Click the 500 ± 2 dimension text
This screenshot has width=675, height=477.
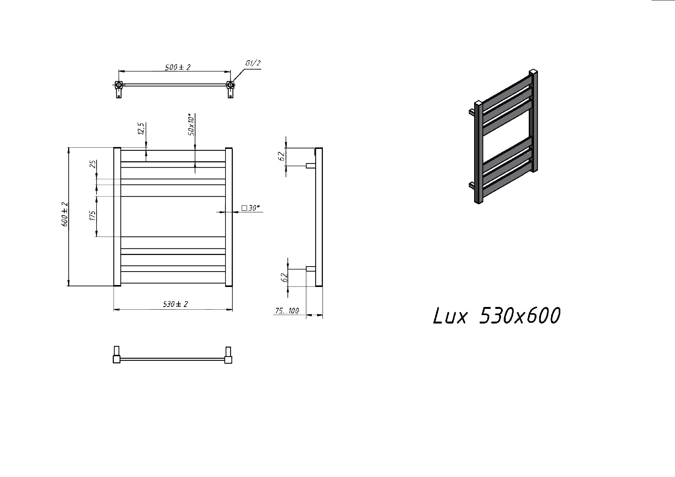tap(177, 67)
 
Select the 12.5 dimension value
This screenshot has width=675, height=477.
tap(141, 128)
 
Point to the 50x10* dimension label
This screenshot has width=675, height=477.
tap(191, 124)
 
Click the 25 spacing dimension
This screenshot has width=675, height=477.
tap(92, 164)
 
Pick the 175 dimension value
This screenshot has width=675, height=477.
tap(92, 215)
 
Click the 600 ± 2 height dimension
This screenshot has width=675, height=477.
tap(65, 214)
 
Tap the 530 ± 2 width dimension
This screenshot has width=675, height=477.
tap(175, 304)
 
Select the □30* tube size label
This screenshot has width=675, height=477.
tap(251, 208)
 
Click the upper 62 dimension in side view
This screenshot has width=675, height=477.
tap(282, 156)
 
